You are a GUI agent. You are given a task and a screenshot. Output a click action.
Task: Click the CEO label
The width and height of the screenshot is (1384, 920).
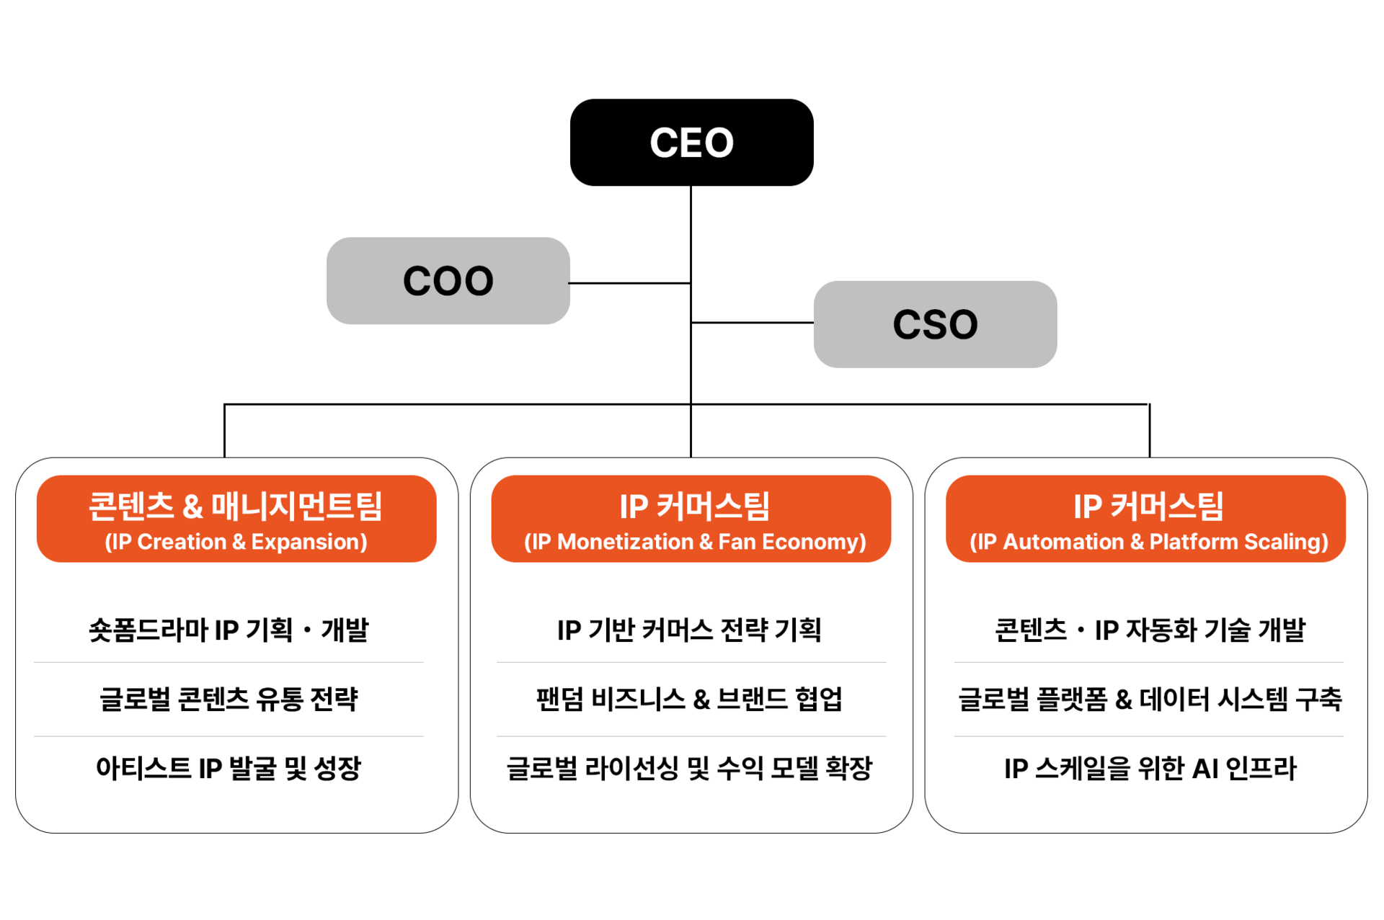(x=691, y=143)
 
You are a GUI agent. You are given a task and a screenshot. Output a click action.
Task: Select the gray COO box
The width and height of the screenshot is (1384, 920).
(x=448, y=281)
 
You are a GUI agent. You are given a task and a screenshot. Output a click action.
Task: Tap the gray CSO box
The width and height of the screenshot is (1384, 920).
(x=935, y=324)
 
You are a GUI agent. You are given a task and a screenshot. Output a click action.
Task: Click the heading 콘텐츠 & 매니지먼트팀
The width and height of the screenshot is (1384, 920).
(x=236, y=506)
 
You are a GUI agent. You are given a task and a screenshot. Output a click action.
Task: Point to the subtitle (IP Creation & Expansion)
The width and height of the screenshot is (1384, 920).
(x=236, y=542)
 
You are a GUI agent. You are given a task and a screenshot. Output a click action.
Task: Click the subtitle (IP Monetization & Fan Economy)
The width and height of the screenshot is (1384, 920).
(x=695, y=542)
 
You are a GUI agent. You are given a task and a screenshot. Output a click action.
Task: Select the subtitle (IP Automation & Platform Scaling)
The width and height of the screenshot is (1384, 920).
(x=1149, y=542)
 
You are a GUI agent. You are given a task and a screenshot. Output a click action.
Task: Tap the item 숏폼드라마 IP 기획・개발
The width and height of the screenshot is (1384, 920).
(x=229, y=630)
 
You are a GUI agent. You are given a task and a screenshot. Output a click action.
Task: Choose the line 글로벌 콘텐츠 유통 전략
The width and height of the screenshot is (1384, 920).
(x=229, y=699)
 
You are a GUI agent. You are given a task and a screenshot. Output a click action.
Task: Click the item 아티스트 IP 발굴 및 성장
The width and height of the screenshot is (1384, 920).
(x=229, y=768)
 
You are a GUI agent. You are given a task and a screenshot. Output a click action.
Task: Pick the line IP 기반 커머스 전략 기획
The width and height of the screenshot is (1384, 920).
(x=689, y=630)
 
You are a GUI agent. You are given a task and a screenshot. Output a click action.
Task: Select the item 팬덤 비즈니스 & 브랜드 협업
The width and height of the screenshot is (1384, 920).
(x=689, y=699)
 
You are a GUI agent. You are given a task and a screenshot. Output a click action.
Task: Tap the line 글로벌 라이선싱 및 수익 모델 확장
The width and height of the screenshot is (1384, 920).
(x=689, y=768)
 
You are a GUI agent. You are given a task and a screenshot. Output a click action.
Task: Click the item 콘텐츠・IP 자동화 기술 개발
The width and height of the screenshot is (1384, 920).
(x=1150, y=630)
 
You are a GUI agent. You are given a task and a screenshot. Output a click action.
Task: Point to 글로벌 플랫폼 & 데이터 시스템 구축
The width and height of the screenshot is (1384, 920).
(x=1150, y=699)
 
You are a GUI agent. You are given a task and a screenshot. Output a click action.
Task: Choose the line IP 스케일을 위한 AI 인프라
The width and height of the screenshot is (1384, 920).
(x=1150, y=768)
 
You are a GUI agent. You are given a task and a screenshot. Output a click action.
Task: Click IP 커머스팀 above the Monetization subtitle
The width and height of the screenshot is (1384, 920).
(x=695, y=506)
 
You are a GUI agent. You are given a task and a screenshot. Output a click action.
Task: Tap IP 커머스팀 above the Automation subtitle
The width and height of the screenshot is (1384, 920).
(x=1149, y=506)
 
